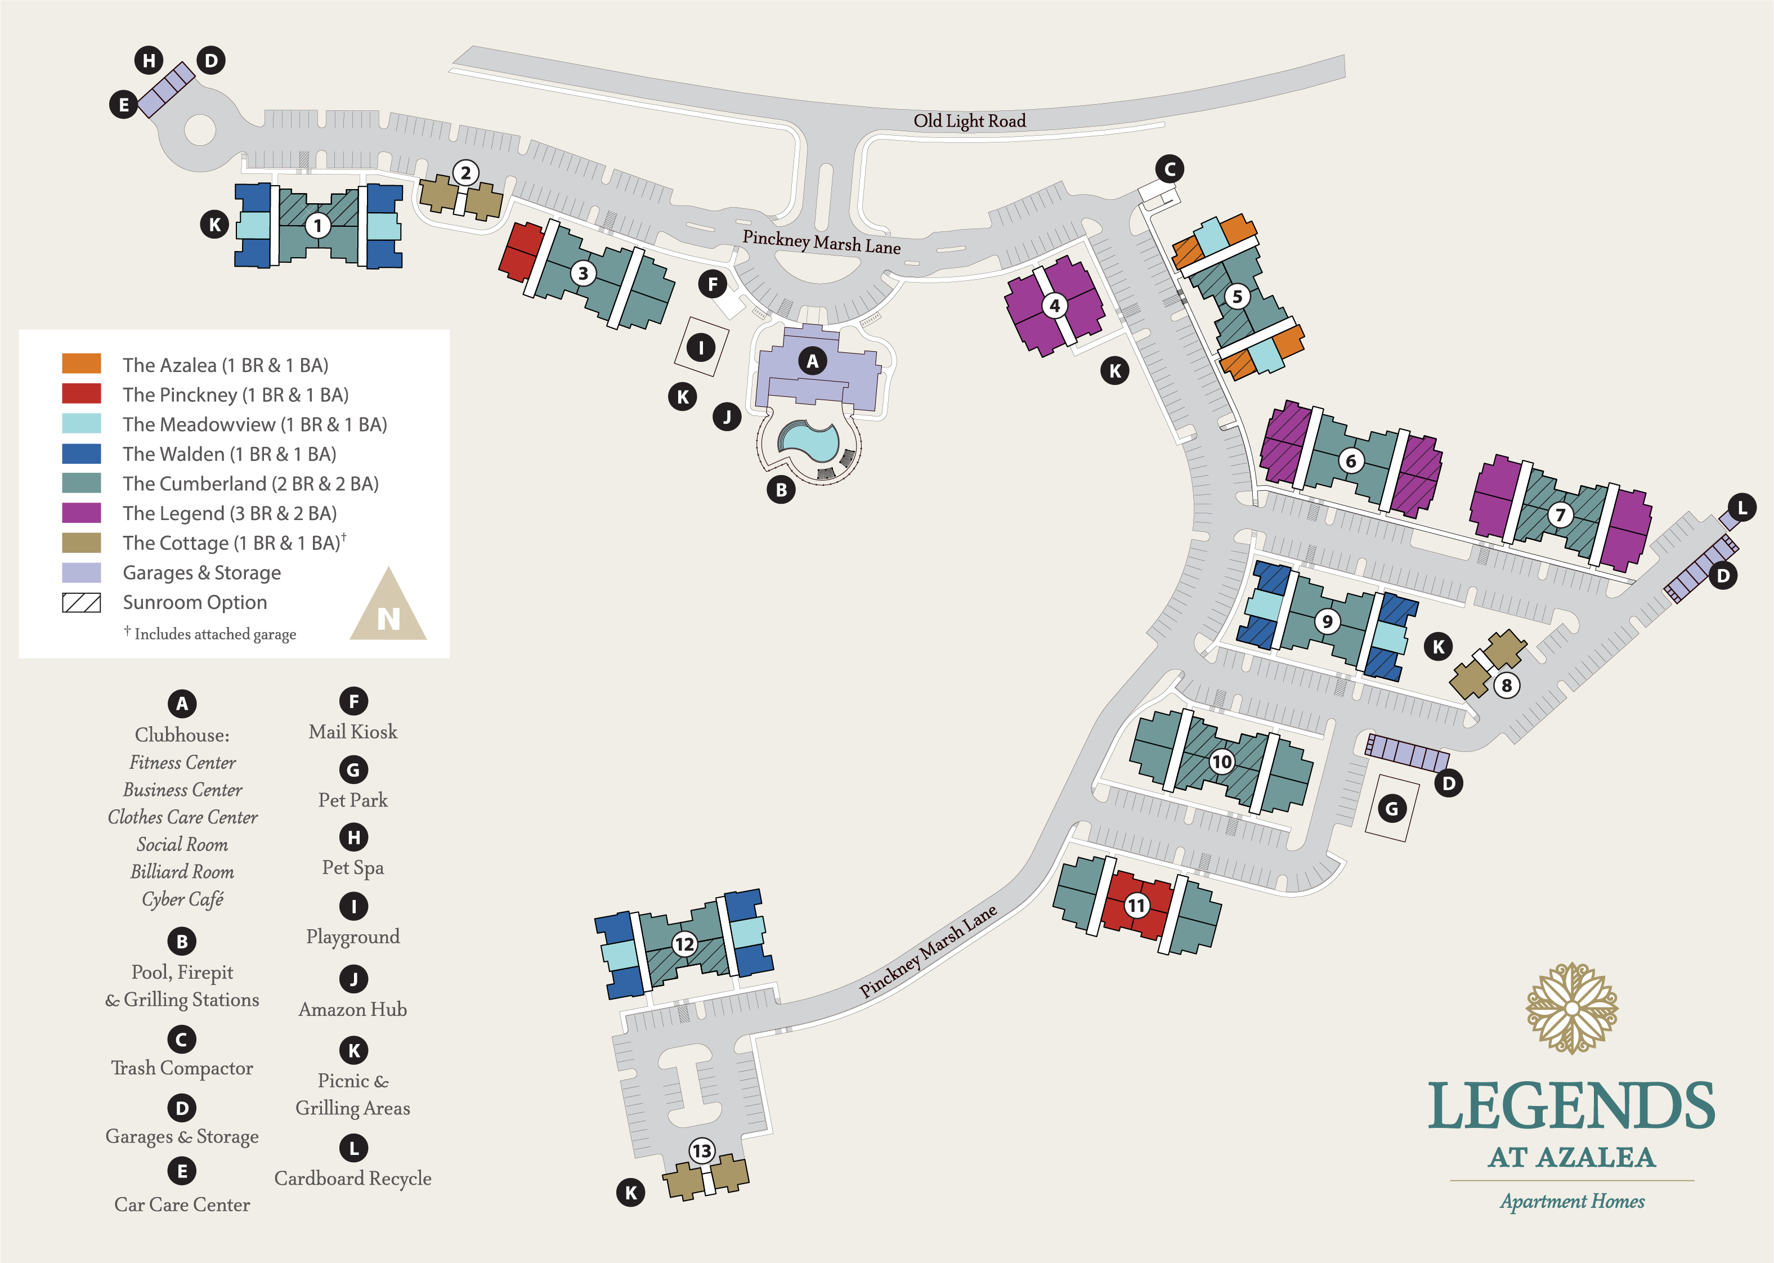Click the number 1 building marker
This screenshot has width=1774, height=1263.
pos(317,226)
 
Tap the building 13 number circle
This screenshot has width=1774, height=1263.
pos(701,1151)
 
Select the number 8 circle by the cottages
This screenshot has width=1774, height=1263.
pos(1507,685)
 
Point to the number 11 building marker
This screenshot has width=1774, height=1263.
pos(1136,905)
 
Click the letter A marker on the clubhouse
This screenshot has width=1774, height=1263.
pos(813,361)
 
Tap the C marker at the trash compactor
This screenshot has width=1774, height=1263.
pos(1170,169)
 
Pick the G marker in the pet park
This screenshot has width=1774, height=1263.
pos(1391,809)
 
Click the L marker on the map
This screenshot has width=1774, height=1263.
pos(1742,508)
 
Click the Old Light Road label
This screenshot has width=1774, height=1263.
pos(969,120)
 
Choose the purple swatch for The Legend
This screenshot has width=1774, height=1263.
pos(82,513)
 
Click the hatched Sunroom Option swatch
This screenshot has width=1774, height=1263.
pos(82,603)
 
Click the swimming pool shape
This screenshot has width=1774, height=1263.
pos(809,442)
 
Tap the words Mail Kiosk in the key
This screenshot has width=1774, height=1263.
pos(353,732)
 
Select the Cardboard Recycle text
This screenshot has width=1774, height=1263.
pos(353,1178)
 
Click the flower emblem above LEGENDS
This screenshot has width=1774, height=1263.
pos(1572,1008)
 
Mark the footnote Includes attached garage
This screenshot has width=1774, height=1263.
pos(214,634)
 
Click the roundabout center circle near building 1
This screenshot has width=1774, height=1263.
pos(200,130)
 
